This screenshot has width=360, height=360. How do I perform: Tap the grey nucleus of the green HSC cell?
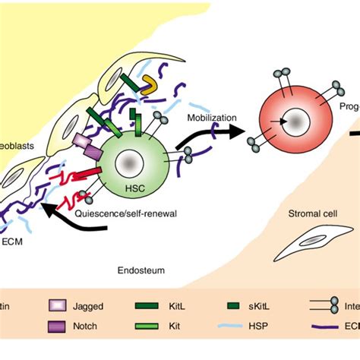pos(130,161)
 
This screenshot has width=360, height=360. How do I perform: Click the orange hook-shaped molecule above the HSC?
pos(149,90)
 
